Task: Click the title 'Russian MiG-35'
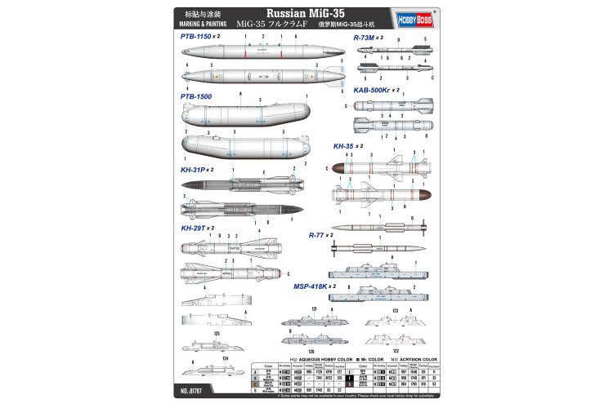306,14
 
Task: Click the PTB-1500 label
195,95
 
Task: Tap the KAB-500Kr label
372,90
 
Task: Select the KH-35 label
345,146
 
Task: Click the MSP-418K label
310,286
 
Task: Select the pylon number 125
217,334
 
